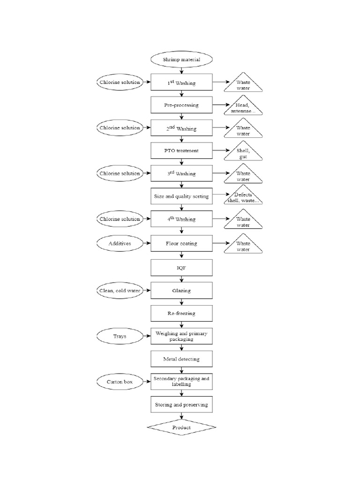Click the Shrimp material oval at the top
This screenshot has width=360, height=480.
coord(181,60)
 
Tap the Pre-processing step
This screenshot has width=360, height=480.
coord(181,105)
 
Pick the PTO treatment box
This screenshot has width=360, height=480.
coord(181,151)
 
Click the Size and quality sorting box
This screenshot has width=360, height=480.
coord(181,196)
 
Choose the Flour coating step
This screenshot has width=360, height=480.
coord(181,243)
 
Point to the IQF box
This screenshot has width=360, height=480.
coord(181,268)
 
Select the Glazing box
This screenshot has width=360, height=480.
coord(181,291)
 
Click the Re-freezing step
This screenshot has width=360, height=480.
coord(181,313)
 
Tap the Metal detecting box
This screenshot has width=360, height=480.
coord(181,359)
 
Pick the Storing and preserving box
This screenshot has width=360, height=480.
coord(181,404)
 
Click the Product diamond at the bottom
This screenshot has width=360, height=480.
coord(181,427)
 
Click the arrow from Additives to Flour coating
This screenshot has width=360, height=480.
coord(146,243)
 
